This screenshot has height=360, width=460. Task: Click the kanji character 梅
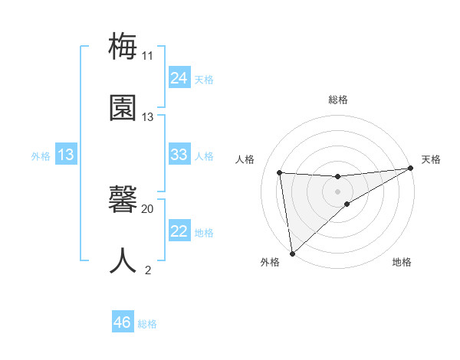123,47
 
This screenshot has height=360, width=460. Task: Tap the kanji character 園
123,108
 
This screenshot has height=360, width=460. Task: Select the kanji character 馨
123,200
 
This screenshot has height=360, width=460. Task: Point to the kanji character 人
123,260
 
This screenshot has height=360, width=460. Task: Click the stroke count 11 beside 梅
147,56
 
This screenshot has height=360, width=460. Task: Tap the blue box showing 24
179,78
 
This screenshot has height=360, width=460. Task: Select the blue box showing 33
179,155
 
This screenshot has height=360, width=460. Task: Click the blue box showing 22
179,231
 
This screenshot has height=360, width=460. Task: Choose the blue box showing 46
123,322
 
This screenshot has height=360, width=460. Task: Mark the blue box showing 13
66,155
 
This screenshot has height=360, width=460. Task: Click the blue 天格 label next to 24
204,79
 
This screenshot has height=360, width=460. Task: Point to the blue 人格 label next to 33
204,155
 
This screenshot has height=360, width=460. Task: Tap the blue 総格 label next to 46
147,323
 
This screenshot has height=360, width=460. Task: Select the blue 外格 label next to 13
41,155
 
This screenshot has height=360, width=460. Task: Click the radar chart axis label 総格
338,100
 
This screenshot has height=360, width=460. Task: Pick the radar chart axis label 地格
402,262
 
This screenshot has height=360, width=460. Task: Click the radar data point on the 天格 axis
410,169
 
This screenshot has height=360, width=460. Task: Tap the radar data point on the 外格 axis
292,254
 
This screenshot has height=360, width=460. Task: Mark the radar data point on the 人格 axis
280,172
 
